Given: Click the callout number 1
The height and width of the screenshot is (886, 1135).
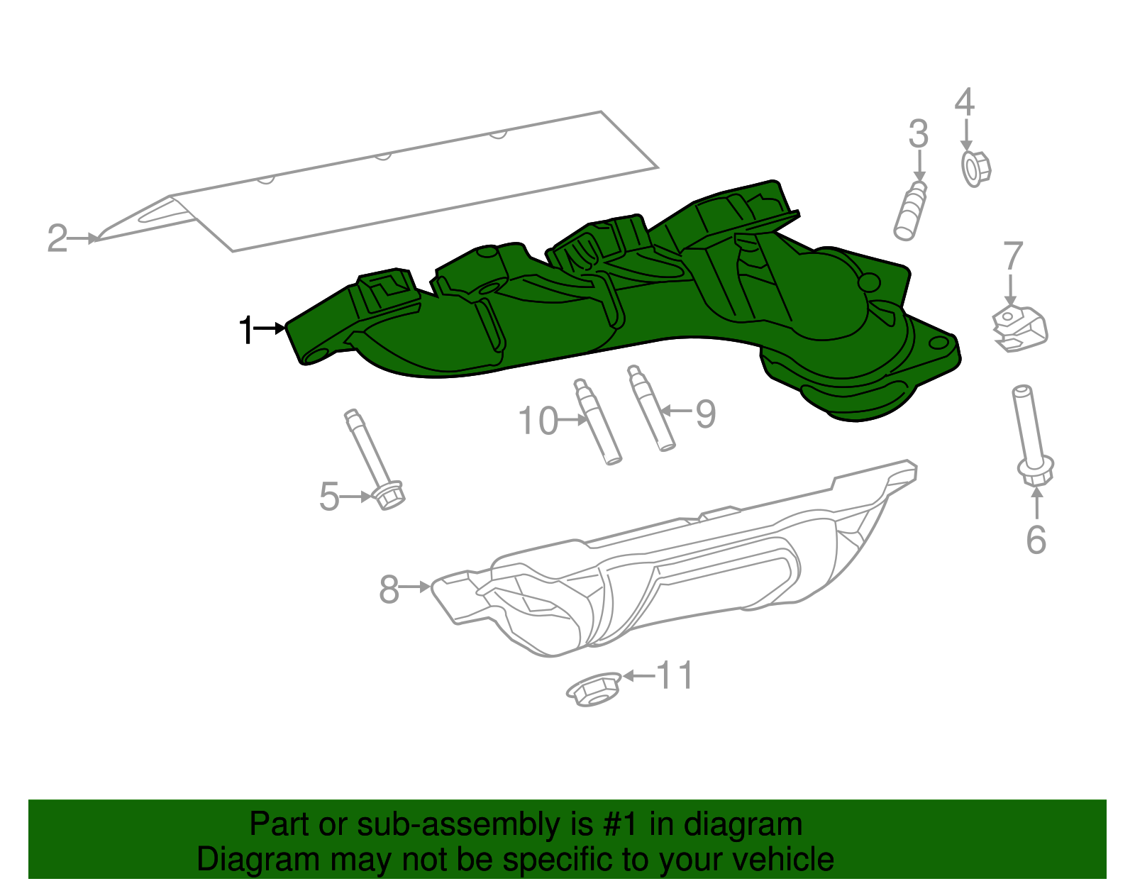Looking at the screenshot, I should click(x=246, y=330).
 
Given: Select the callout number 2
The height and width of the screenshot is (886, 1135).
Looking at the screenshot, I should click(x=57, y=238).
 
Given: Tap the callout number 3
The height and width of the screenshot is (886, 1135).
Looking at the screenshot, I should click(x=919, y=134).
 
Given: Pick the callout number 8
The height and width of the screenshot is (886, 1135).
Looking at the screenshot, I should click(x=389, y=589).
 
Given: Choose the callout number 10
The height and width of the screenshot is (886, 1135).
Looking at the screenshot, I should click(x=538, y=421).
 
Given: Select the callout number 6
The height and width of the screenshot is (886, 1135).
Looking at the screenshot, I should click(x=1036, y=540).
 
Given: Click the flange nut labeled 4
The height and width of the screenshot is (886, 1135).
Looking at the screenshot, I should click(x=975, y=169).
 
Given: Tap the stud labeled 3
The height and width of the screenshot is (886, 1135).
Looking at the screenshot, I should click(x=910, y=211).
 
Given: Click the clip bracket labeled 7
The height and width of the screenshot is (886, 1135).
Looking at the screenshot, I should click(x=1020, y=328).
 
